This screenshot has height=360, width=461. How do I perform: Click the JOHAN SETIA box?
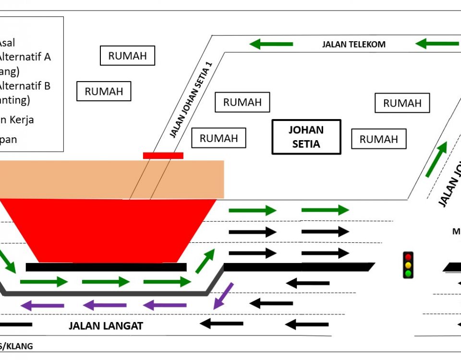point(306,137)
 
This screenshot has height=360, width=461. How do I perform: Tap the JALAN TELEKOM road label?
point(353,45)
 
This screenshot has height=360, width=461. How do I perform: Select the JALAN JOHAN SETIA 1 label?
point(191,100)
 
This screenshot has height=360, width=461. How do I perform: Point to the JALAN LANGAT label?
point(106,326)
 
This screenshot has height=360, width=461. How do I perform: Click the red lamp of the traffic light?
point(408,257)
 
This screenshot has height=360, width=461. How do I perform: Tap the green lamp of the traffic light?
point(408,273)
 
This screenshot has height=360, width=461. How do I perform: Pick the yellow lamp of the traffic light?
point(408,265)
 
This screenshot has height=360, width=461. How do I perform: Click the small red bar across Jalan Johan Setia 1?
point(163,156)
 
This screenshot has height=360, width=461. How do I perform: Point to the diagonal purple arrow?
point(223,295)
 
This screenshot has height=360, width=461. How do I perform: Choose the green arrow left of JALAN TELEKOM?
point(271,44)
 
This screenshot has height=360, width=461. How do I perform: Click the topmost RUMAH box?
point(127,56)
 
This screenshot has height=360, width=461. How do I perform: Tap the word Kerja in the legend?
point(22,120)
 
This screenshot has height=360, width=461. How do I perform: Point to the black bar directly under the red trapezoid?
point(106,267)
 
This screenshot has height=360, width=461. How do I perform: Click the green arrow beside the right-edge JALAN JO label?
point(436,159)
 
